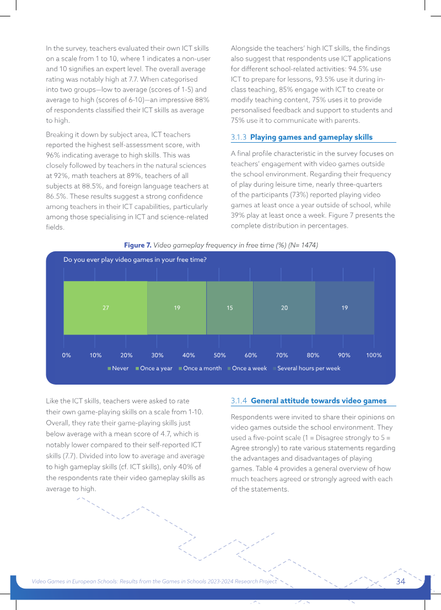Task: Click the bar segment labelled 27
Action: click(x=105, y=307)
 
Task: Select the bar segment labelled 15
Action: click(x=230, y=307)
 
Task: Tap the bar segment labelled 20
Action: click(x=284, y=307)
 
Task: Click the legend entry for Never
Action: click(x=118, y=369)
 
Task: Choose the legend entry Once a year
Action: click(x=154, y=369)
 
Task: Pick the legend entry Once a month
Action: click(x=200, y=369)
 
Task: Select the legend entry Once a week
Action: click(x=247, y=369)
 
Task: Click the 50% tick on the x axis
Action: click(x=219, y=355)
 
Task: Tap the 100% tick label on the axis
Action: click(x=374, y=355)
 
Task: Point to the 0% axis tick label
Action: click(x=67, y=355)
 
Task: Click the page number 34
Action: click(x=401, y=581)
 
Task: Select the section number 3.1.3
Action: click(x=239, y=137)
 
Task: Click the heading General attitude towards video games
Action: click(x=319, y=401)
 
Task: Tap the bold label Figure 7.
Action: click(x=138, y=245)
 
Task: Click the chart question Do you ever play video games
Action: click(x=135, y=260)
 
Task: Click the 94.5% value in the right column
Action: click(x=358, y=69)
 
